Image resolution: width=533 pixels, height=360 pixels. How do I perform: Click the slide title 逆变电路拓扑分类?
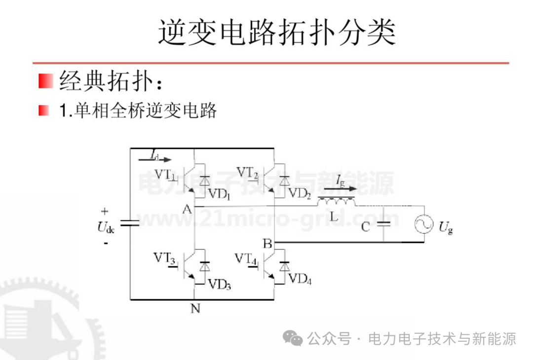pos(277,33)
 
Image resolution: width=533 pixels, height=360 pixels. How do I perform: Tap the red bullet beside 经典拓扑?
pos(45,80)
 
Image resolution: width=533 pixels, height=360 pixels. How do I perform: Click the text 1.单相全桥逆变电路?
pos(138,110)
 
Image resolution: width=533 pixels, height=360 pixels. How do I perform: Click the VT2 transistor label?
pos(247,173)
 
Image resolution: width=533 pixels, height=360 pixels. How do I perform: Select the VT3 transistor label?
pos(164,258)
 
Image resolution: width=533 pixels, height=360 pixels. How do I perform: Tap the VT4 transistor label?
pos(246,258)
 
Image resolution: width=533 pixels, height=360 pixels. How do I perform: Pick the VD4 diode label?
pos(300,279)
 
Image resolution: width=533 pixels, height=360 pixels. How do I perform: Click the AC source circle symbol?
pos(424,225)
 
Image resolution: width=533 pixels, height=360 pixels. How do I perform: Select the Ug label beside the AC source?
pos(445,227)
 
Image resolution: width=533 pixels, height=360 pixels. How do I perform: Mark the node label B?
pos(267,243)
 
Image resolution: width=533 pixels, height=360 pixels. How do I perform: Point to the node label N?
pos(195,309)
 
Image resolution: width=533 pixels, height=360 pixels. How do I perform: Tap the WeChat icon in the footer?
pos(293,339)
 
